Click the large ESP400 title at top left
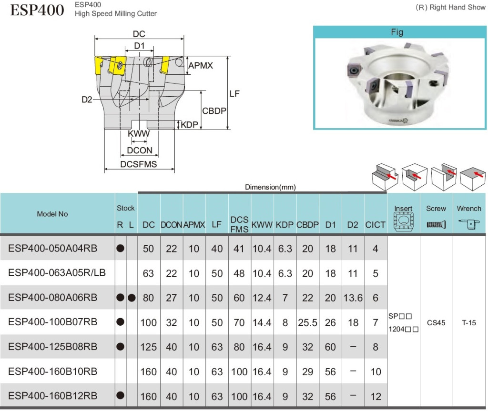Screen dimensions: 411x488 [37, 10]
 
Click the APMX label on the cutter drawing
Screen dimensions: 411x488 [201, 66]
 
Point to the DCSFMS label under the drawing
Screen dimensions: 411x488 [139, 165]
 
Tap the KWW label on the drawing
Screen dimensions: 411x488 [139, 134]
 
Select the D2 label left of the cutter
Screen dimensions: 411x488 [86, 100]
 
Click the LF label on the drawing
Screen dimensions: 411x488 [234, 94]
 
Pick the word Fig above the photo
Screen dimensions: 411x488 [396, 32]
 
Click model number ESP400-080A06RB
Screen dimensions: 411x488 [53, 298]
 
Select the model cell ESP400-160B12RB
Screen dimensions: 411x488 [53, 396]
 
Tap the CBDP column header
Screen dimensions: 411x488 [307, 225]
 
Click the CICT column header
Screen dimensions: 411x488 [376, 225]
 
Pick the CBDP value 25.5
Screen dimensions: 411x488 [307, 322]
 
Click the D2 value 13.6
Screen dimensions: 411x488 [353, 298]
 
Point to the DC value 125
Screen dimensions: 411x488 [149, 347]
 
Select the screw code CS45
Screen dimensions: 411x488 [436, 323]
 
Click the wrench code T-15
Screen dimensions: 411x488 [469, 323]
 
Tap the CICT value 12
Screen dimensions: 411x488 [376, 396]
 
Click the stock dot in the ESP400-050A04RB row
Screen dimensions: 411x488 [121, 248]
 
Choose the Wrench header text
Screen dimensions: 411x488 [469, 209]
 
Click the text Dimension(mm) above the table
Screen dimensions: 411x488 [270, 187]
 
